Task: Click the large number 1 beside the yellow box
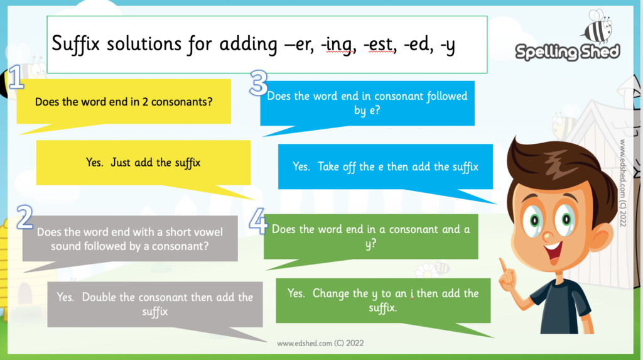coord(16,77)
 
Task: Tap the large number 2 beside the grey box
coord(25,217)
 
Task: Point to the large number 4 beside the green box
coord(258,221)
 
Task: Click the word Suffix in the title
coord(76,43)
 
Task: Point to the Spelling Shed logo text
coord(568,52)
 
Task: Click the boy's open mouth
coord(553,252)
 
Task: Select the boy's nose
coord(548,236)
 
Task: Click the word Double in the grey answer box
coord(99,297)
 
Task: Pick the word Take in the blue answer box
coord(329,166)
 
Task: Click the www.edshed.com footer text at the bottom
coord(320,343)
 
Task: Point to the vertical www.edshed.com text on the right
coord(623,183)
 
